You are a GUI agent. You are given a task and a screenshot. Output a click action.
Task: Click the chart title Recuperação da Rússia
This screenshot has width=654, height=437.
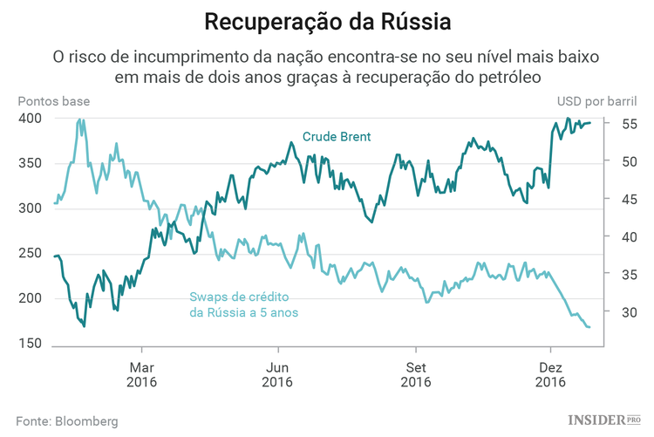[x=326, y=20]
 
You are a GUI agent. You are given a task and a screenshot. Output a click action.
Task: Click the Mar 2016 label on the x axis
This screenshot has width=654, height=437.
[x=141, y=374]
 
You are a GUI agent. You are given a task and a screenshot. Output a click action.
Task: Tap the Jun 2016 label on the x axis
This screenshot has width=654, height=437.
[x=277, y=374]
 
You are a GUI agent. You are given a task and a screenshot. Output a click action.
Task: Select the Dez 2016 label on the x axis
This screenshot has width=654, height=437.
[x=549, y=374]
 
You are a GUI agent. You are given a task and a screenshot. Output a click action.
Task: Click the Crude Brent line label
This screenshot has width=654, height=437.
[x=337, y=137]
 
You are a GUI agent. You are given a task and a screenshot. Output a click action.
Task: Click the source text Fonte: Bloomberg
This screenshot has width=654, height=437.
[x=67, y=420]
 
